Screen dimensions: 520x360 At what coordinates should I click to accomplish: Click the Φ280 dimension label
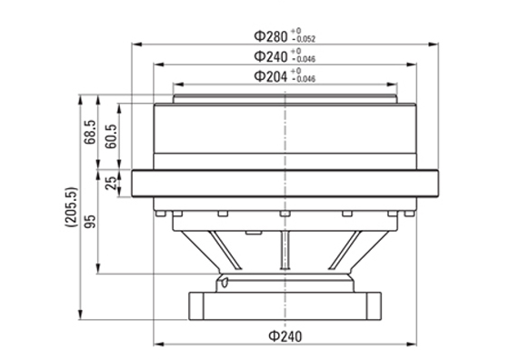pyautogui.click(x=271, y=36)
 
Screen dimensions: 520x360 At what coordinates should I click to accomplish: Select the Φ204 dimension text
pyautogui.click(x=271, y=76)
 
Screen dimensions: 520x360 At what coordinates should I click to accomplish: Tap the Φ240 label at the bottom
pyautogui.click(x=285, y=336)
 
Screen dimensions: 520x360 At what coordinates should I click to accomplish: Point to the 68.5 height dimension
pyautogui.click(x=90, y=132)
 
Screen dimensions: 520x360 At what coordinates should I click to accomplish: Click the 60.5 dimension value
pyautogui.click(x=111, y=136)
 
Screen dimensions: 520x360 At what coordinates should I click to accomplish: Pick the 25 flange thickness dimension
pyautogui.click(x=111, y=183)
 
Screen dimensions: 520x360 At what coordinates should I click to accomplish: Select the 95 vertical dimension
pyautogui.click(x=90, y=222)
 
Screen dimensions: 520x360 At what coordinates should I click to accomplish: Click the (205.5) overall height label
pyautogui.click(x=71, y=207)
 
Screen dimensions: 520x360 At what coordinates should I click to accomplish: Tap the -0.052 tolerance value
pyautogui.click(x=304, y=39)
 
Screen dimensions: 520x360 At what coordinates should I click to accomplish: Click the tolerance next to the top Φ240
pyautogui.click(x=303, y=55)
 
